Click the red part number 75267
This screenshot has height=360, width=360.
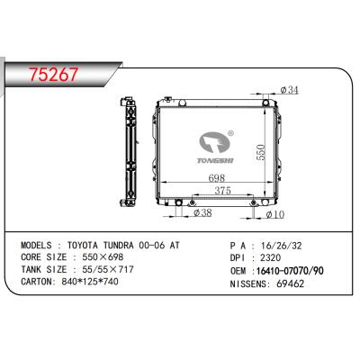[x=54, y=74]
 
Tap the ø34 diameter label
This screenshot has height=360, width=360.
[x=290, y=90]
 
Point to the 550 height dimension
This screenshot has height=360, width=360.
[x=261, y=152]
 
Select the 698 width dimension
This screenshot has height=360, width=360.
[x=217, y=178]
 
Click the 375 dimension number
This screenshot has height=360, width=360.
[x=222, y=191]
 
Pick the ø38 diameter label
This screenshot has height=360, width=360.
[x=202, y=212]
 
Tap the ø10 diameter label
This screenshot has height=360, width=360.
[x=275, y=214]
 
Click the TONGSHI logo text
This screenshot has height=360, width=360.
[x=215, y=161]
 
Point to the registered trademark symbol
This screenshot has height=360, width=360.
[x=231, y=133]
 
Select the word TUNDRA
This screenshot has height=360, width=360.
[x=119, y=246]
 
